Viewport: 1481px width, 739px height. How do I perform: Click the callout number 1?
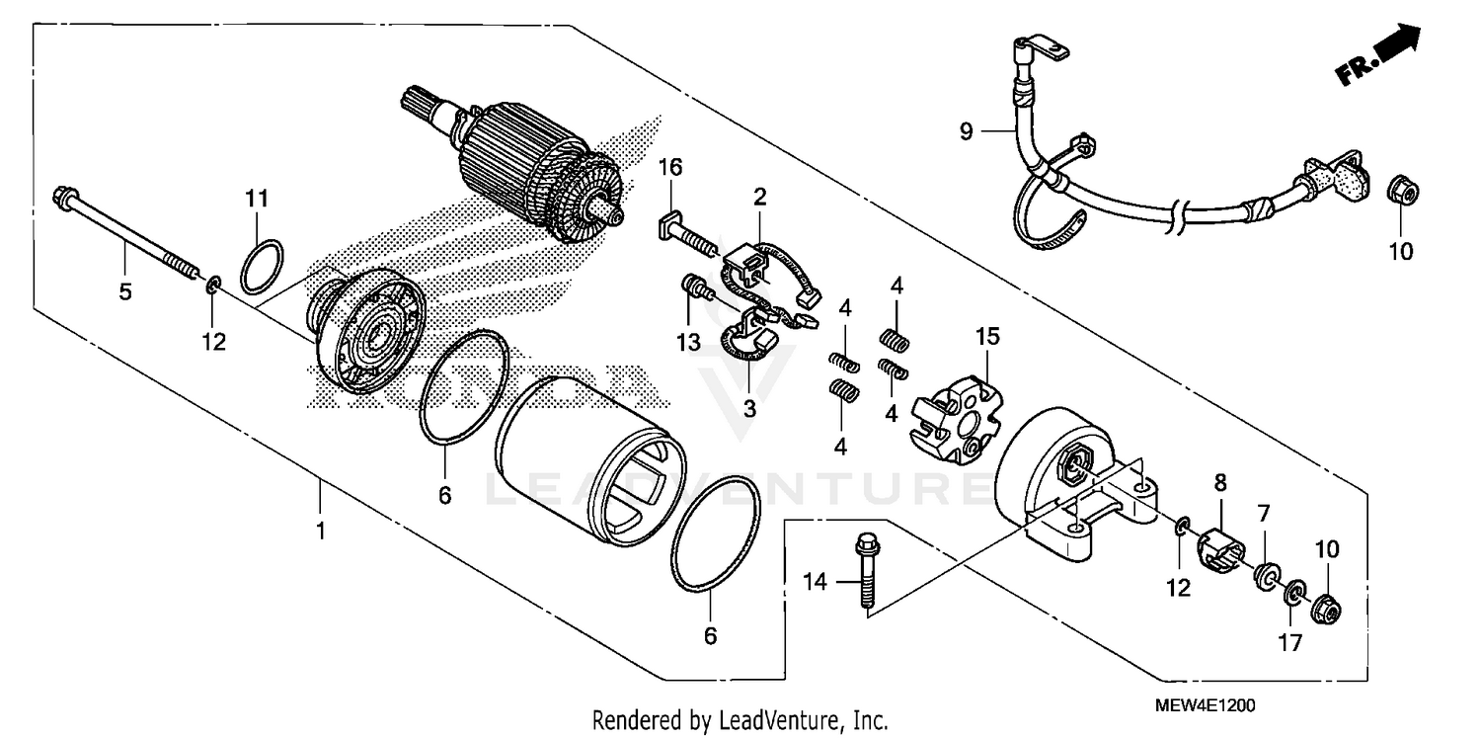320,532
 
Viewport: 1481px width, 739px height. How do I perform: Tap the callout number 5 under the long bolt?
124,292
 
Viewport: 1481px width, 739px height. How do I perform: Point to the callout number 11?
257,199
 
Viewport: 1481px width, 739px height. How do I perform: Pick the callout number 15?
987,337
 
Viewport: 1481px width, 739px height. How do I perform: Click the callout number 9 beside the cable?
966,130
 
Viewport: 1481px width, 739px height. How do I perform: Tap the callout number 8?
1221,483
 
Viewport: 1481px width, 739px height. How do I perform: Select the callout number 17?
1290,643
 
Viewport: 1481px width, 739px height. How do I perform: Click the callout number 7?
1263,513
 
